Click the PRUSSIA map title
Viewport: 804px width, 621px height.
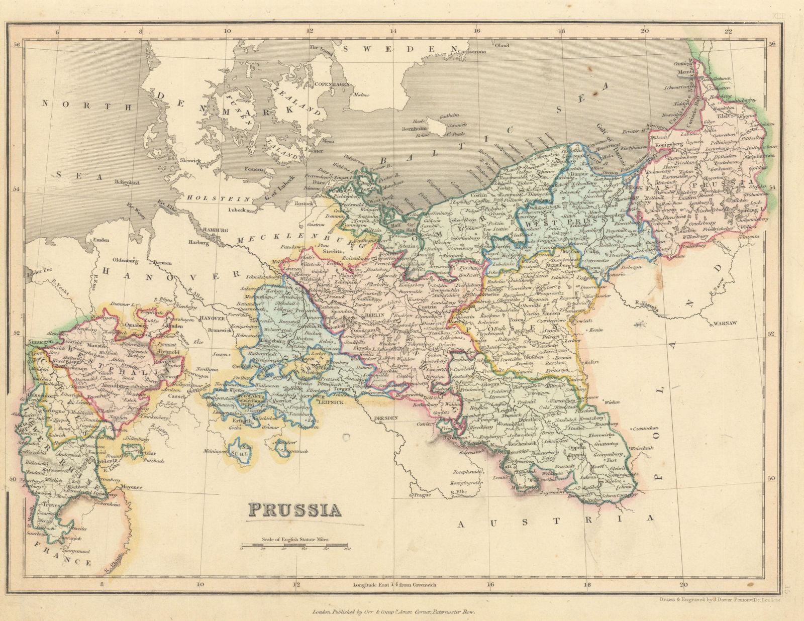tap(295, 510)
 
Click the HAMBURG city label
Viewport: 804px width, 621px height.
tap(216, 230)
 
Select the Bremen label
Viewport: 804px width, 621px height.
tap(162, 263)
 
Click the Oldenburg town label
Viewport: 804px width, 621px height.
tap(125, 260)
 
